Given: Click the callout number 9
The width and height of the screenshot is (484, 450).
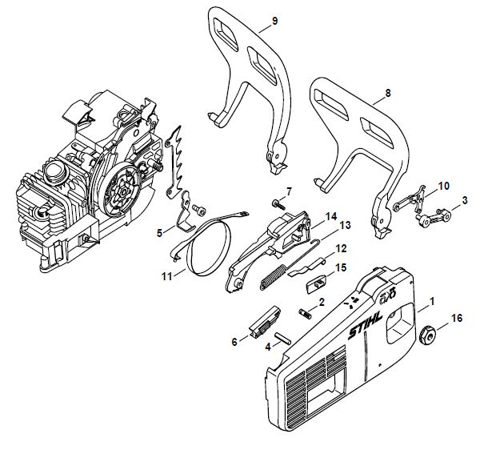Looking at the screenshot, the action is coord(274,21).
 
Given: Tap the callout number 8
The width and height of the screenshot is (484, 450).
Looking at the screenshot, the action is coord(388,93).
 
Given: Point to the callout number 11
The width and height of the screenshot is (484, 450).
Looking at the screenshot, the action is coord(167,276).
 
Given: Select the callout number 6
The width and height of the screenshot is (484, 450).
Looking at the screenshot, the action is coord(234,342).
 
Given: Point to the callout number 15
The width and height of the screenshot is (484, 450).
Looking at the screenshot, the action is coord(341,267).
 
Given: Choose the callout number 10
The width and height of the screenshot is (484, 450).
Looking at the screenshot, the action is coord(444,187).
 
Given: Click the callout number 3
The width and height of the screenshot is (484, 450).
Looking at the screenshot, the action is coord(465,200).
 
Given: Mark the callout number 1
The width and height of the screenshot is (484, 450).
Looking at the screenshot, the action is coord(432,301).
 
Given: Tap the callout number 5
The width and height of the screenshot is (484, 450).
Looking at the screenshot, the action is coord(159,233).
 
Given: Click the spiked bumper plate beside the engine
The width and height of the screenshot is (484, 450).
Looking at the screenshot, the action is coord(175,161).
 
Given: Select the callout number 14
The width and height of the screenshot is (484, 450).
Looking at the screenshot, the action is coord(330,216).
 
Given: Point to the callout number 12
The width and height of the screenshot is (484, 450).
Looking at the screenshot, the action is coord(341,249).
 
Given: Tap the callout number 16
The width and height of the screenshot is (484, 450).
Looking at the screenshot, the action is coord(457,318).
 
